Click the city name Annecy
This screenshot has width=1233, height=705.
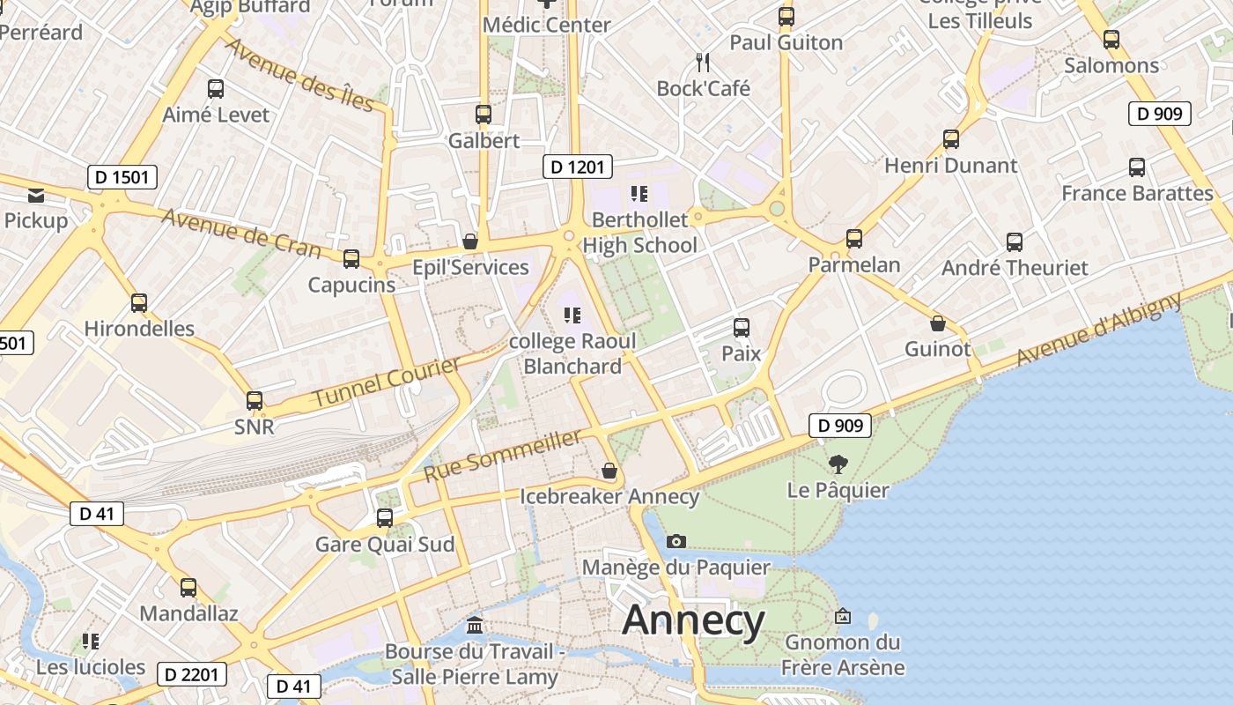click(x=693, y=620)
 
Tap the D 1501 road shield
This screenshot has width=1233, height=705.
click(x=122, y=177)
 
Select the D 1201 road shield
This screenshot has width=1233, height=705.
click(x=577, y=167)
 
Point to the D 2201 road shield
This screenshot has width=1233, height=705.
click(x=192, y=675)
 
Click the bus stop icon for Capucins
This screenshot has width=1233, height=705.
click(x=351, y=259)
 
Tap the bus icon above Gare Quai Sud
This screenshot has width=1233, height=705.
click(x=385, y=518)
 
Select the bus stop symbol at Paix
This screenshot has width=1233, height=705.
click(x=742, y=328)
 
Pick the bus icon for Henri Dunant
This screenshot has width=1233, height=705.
click(x=951, y=139)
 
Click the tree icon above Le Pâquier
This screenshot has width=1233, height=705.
click(x=838, y=464)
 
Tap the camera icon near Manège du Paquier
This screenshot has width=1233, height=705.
click(x=676, y=541)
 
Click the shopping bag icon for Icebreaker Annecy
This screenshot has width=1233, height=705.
click(x=609, y=471)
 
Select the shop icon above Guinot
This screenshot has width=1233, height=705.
click(x=938, y=323)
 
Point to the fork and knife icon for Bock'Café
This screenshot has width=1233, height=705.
click(x=703, y=62)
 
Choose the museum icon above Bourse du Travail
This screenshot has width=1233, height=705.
click(x=475, y=626)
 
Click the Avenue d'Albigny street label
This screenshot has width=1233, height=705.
click(x=1099, y=329)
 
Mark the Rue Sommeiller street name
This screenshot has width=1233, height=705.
click(x=503, y=455)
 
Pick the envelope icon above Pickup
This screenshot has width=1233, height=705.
click(x=36, y=195)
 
